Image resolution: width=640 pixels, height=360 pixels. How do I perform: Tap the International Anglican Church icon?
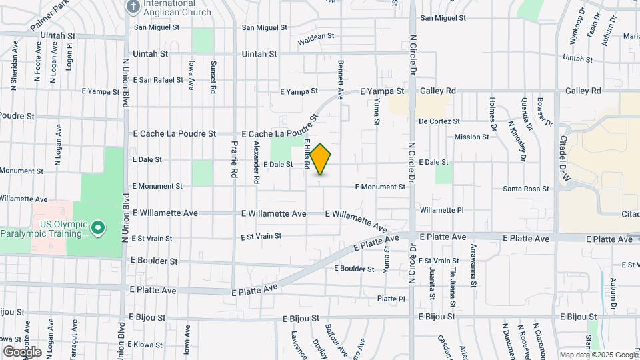click(x=133, y=6)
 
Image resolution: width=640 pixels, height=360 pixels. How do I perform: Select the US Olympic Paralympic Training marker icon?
click(x=98, y=229)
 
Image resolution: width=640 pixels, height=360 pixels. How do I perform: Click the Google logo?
click(x=22, y=352)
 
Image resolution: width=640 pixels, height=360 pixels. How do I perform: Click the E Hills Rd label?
click(x=309, y=154)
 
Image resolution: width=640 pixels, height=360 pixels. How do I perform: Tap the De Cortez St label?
click(x=439, y=121)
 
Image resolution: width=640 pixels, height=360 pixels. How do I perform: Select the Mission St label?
click(x=471, y=137)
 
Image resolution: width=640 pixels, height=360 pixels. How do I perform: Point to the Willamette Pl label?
click(x=441, y=210)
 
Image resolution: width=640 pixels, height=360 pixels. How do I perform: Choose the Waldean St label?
click(x=315, y=37)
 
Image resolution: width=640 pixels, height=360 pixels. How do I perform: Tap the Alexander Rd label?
click(x=256, y=162)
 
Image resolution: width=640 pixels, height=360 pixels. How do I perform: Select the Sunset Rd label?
click(x=213, y=77)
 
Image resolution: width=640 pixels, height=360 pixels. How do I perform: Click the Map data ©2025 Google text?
click(x=598, y=355)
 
